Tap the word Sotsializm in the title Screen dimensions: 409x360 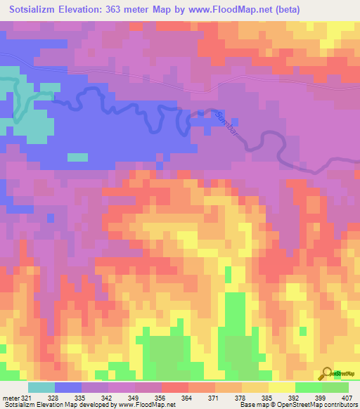(x=34, y=10)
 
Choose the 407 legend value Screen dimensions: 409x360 (x=347, y=398)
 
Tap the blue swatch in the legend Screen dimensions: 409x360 (x=67, y=387)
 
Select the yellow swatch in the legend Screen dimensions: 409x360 (x=281, y=387)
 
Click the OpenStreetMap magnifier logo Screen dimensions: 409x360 (x=328, y=373)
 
